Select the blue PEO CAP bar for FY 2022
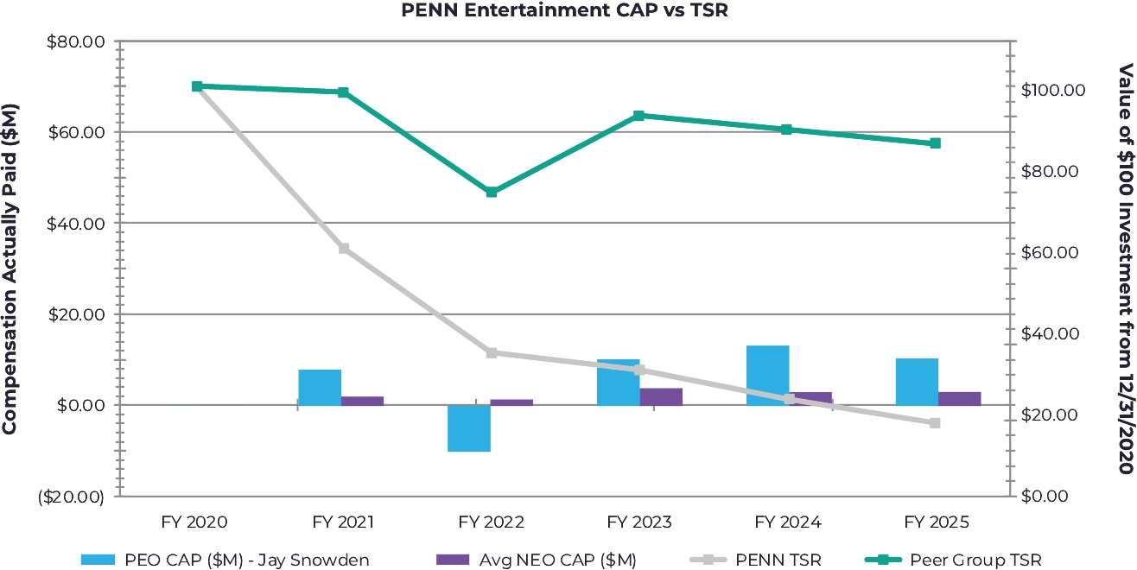click(x=469, y=428)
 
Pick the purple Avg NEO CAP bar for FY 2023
click(x=661, y=396)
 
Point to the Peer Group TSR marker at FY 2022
click(x=492, y=192)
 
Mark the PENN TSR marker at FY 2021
click(x=344, y=249)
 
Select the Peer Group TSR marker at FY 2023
click(x=639, y=116)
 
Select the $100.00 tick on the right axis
click(x=1053, y=90)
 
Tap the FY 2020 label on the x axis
click(x=194, y=522)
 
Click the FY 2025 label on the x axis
click(x=937, y=522)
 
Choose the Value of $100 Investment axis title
click(x=1125, y=269)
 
